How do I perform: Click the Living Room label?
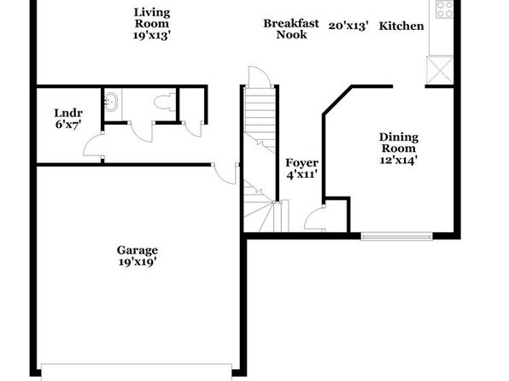(x=152, y=18)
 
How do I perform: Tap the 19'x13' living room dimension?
(x=152, y=35)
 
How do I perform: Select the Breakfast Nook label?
(x=291, y=29)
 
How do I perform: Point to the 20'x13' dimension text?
(x=348, y=26)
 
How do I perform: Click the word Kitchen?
(x=401, y=26)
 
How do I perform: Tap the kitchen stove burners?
(x=444, y=9)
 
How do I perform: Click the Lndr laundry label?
(x=68, y=113)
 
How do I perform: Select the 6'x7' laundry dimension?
(x=68, y=125)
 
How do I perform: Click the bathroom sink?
(x=111, y=102)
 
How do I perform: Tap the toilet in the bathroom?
(x=165, y=103)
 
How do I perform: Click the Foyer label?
(x=301, y=162)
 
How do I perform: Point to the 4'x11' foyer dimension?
(x=301, y=174)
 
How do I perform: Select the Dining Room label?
(x=399, y=143)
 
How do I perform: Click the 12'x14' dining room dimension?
(x=399, y=160)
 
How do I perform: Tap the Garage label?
(x=137, y=250)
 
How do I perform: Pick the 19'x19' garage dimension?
(x=137, y=261)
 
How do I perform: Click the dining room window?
(x=396, y=236)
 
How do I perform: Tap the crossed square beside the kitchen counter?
(x=440, y=70)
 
